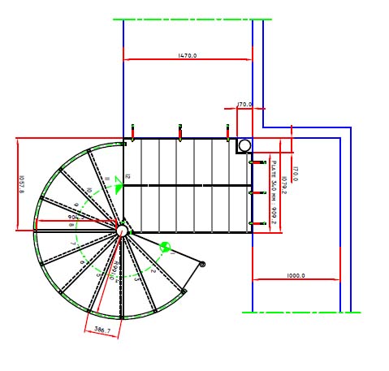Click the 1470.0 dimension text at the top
click(188, 56)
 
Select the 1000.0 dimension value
click(296, 276)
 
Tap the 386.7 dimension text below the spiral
click(102, 331)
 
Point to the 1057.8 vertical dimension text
click(22, 185)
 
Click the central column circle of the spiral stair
click(122, 231)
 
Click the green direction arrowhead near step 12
click(119, 187)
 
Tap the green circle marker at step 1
click(165, 247)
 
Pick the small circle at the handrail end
click(202, 264)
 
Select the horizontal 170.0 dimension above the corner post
click(244, 105)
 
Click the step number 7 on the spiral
click(73, 243)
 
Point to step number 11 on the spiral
click(106, 179)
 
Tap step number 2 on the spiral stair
click(153, 270)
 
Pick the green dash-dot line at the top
click(192, 19)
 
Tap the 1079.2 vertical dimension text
click(284, 180)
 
